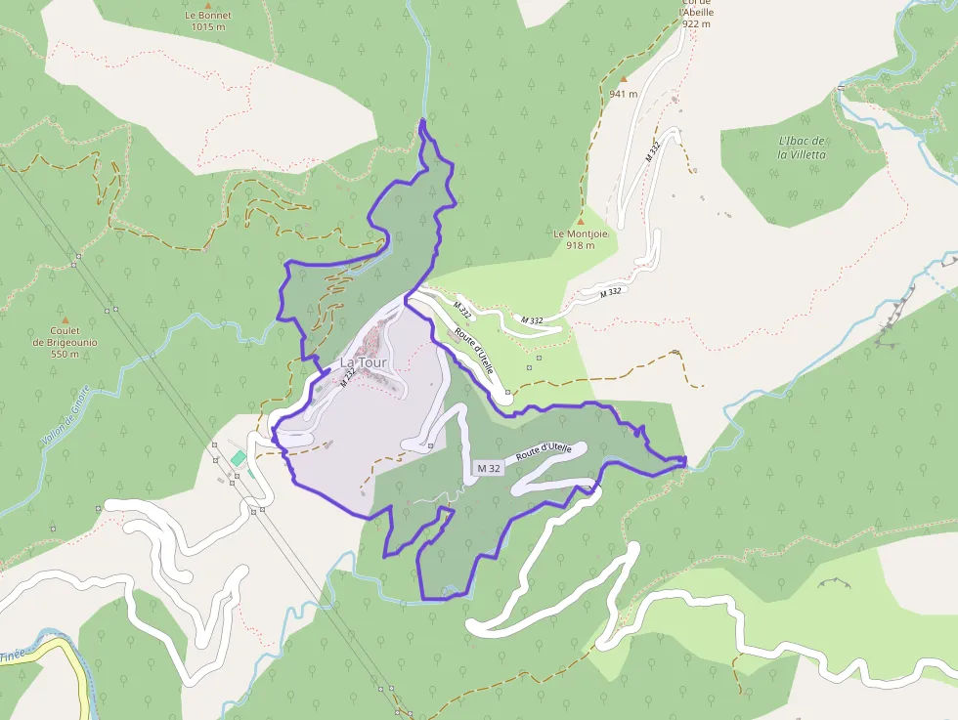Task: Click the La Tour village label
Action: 364,362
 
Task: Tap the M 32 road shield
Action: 489,469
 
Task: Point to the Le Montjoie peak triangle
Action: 581,222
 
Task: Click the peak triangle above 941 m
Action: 623,79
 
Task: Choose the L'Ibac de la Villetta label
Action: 803,148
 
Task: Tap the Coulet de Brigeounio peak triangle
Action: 65,319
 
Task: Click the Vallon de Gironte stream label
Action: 66,416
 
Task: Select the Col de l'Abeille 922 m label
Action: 697,14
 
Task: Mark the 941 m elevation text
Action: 623,94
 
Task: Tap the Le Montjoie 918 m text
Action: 581,239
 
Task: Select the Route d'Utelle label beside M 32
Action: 544,452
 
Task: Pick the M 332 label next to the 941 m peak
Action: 653,151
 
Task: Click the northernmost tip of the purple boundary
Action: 422,120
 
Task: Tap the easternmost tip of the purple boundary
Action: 686,458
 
